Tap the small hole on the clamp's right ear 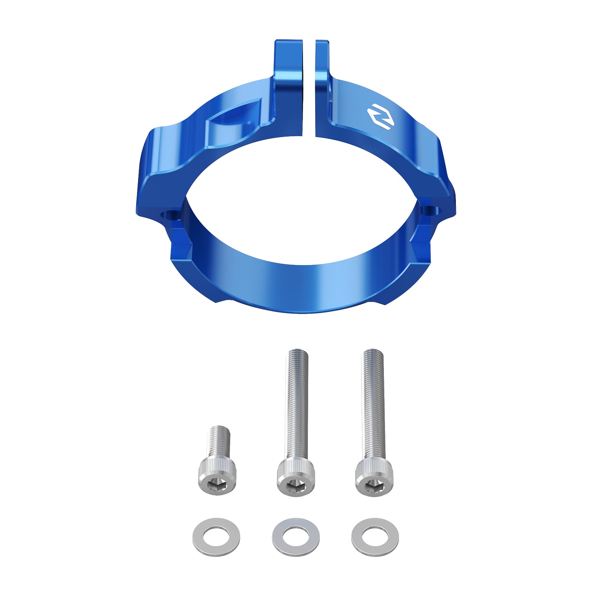[x=432, y=210]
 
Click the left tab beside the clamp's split [x=288, y=63]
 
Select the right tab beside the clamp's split [x=322, y=63]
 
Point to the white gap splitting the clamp [x=309, y=93]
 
